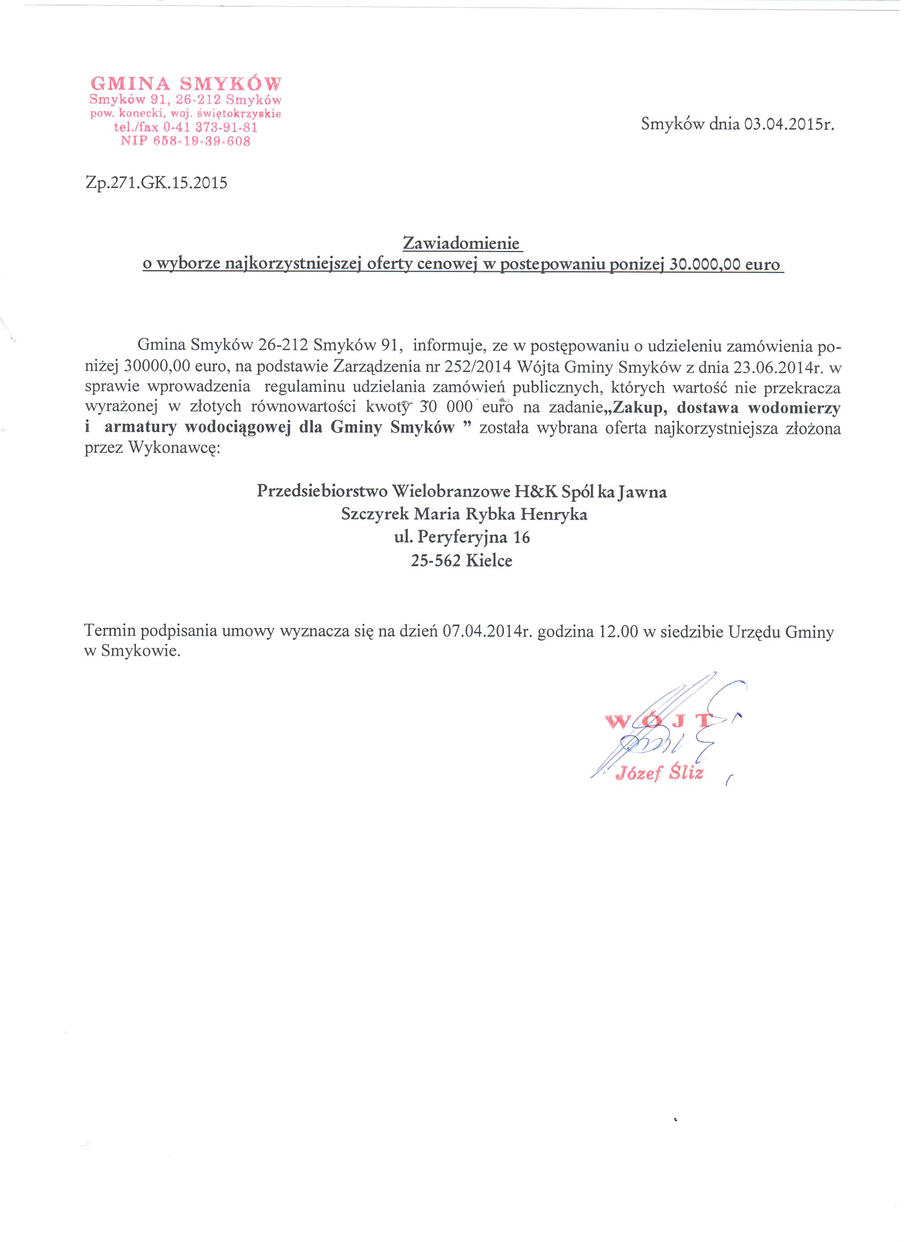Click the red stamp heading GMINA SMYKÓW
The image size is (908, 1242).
tap(186, 84)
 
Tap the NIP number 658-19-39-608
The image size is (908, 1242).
tap(186, 142)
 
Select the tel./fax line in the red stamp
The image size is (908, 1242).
tap(186, 128)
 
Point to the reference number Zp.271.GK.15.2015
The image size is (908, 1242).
tap(156, 183)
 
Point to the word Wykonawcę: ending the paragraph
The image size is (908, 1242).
tap(174, 448)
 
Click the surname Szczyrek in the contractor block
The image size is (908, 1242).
tap(374, 515)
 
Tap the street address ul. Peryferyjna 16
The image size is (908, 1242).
tap(461, 537)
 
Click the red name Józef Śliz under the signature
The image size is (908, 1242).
tap(659, 774)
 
